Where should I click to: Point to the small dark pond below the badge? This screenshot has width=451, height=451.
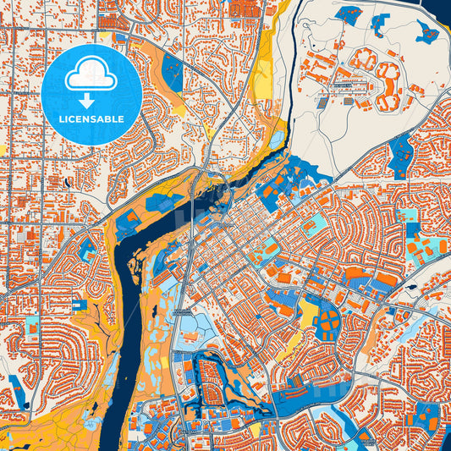pos(65,181)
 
